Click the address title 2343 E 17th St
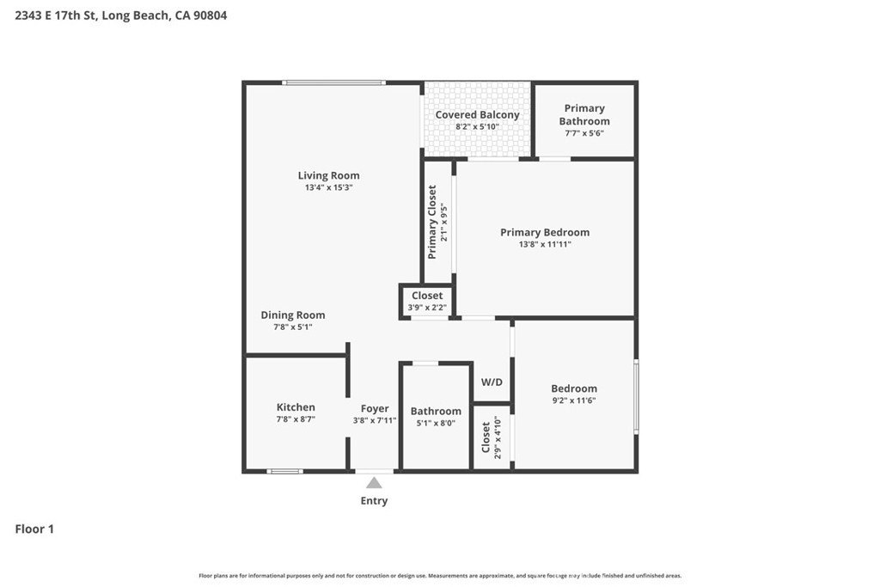pyautogui.click(x=121, y=15)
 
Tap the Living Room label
pyautogui.click(x=328, y=175)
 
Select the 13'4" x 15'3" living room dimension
pyautogui.click(x=328, y=187)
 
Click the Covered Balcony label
pyautogui.click(x=477, y=114)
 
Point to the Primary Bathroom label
pyautogui.click(x=584, y=114)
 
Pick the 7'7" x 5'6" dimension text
pyautogui.click(x=584, y=133)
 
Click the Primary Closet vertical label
pyautogui.click(x=433, y=222)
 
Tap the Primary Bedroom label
pyautogui.click(x=545, y=232)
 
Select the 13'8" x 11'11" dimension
pyautogui.click(x=545, y=244)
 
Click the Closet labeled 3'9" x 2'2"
pyautogui.click(x=427, y=296)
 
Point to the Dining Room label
pyautogui.click(x=293, y=315)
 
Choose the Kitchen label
pyautogui.click(x=296, y=407)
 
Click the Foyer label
pyautogui.click(x=375, y=408)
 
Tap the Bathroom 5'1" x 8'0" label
pyautogui.click(x=436, y=411)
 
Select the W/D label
pyautogui.click(x=492, y=382)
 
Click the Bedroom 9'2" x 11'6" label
pyautogui.click(x=574, y=388)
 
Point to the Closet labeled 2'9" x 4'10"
pyautogui.click(x=486, y=437)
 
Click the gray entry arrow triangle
pyautogui.click(x=374, y=483)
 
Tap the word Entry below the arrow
pyautogui.click(x=374, y=501)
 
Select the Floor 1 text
pyautogui.click(x=34, y=529)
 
